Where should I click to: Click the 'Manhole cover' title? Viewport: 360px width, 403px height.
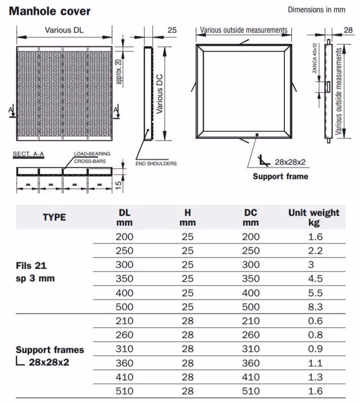(x=50, y=11)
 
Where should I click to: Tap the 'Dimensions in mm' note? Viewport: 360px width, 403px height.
(x=316, y=9)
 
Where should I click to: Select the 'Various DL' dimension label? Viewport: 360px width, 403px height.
(x=65, y=30)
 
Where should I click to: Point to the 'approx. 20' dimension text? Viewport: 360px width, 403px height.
(x=119, y=67)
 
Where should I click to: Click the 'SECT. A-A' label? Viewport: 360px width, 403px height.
(x=28, y=153)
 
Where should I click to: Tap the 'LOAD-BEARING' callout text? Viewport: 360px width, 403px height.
(x=92, y=153)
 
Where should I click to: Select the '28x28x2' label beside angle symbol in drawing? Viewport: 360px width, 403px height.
(x=290, y=162)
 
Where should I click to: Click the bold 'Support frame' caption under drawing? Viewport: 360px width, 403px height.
(x=280, y=176)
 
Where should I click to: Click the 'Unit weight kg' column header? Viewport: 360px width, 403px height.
(x=314, y=217)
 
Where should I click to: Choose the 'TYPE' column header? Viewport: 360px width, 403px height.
(x=54, y=217)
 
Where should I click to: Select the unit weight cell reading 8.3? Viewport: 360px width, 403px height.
(x=314, y=307)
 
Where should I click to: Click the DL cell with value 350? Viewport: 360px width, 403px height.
(x=124, y=279)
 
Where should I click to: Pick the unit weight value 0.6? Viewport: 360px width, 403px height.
(x=314, y=321)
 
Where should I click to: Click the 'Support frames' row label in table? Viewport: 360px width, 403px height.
(x=50, y=350)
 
